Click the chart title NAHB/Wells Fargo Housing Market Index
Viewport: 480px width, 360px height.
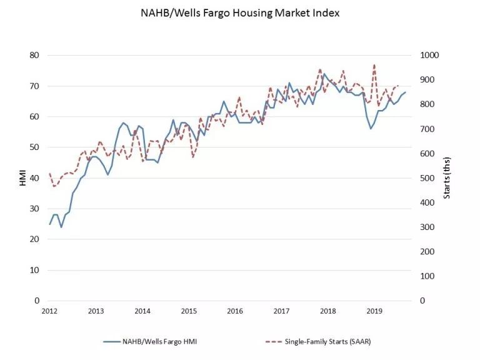[x=240, y=13]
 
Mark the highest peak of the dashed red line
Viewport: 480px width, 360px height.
[x=374, y=64]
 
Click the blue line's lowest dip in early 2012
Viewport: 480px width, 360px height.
[x=61, y=227]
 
